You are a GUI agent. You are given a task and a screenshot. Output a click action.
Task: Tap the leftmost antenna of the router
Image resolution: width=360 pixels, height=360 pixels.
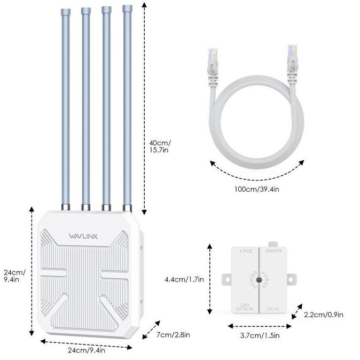point(65,107)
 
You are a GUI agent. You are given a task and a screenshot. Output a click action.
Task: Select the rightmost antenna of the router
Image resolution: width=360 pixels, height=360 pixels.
point(127,107)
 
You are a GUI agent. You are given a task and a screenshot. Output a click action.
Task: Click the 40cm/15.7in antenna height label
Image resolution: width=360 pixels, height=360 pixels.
point(160,146)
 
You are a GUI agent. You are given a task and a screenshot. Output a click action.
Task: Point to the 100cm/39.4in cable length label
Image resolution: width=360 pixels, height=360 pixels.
point(256,189)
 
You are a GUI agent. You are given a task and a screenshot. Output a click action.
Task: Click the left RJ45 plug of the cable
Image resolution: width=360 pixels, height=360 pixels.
point(213,61)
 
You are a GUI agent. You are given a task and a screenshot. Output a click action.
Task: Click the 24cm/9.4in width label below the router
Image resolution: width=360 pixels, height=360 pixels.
point(86,350)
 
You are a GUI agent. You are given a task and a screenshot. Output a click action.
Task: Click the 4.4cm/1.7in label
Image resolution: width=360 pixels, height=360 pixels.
point(185,279)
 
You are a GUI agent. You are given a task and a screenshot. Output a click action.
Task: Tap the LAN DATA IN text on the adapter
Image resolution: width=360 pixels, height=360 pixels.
point(244,306)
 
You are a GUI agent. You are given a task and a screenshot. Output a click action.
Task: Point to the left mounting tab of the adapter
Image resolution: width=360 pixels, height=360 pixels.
point(226,279)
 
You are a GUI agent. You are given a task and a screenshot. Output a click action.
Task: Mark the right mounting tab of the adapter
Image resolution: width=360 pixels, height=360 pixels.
point(291,279)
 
